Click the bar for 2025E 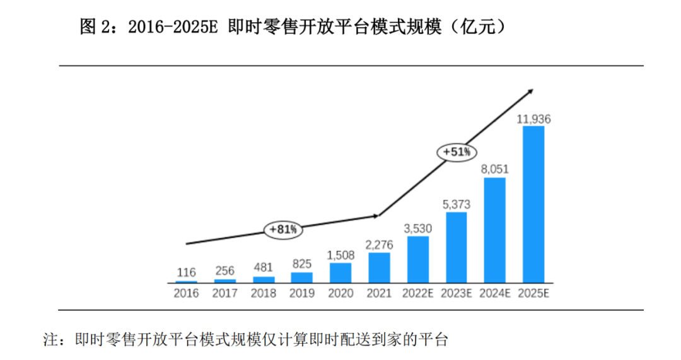(533, 204)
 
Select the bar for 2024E (495, 230)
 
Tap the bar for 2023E (457, 247)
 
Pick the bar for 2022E (418, 259)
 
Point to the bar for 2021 (380, 267)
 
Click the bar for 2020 (340, 272)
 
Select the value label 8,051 (495, 169)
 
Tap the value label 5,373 (457, 204)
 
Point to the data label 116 (186, 272)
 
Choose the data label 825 (302, 264)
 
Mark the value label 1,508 (340, 255)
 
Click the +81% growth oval (283, 230)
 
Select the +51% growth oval (457, 152)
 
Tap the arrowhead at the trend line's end (530, 92)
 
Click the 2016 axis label (186, 293)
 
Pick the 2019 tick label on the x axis (302, 293)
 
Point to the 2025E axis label (533, 293)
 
